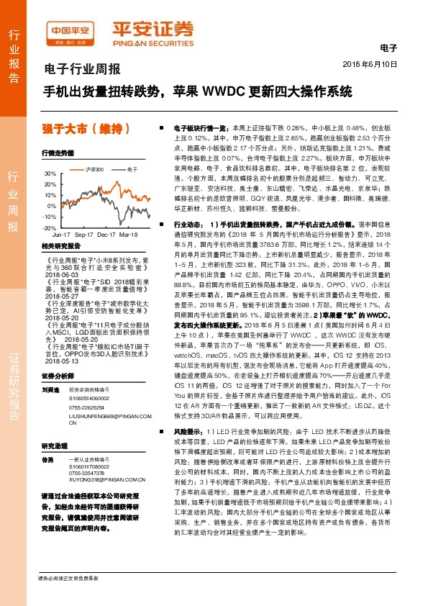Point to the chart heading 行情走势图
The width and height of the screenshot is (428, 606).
(x=58, y=153)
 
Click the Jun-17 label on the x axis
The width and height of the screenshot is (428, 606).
(x=62, y=235)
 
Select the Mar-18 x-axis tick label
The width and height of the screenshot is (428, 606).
(x=129, y=235)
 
